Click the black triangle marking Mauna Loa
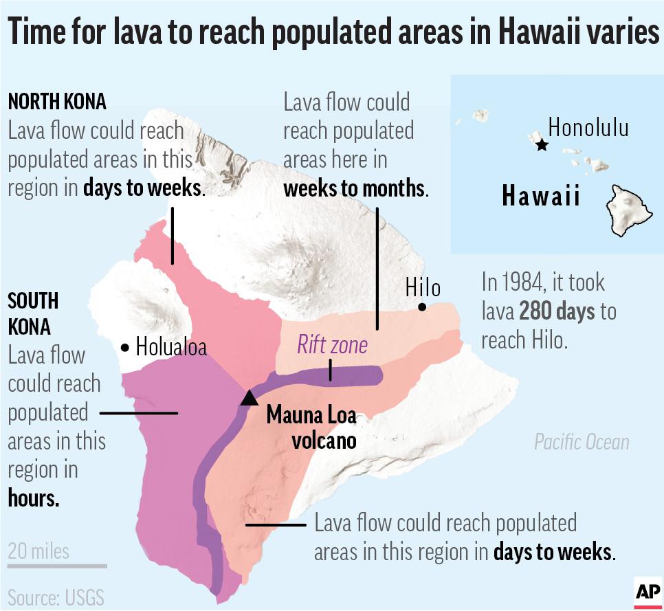(x=249, y=398)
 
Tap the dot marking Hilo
(x=422, y=307)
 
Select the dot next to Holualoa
(x=124, y=348)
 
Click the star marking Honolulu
(x=542, y=144)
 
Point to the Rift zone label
(x=332, y=344)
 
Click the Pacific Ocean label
(x=582, y=441)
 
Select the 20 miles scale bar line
(x=57, y=566)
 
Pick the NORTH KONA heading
(x=57, y=102)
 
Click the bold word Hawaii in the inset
(x=541, y=197)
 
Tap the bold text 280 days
(x=557, y=311)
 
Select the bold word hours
(x=34, y=498)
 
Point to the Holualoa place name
(x=171, y=347)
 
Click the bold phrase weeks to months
(x=354, y=189)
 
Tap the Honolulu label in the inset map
(x=588, y=127)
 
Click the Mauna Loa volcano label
(x=311, y=426)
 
